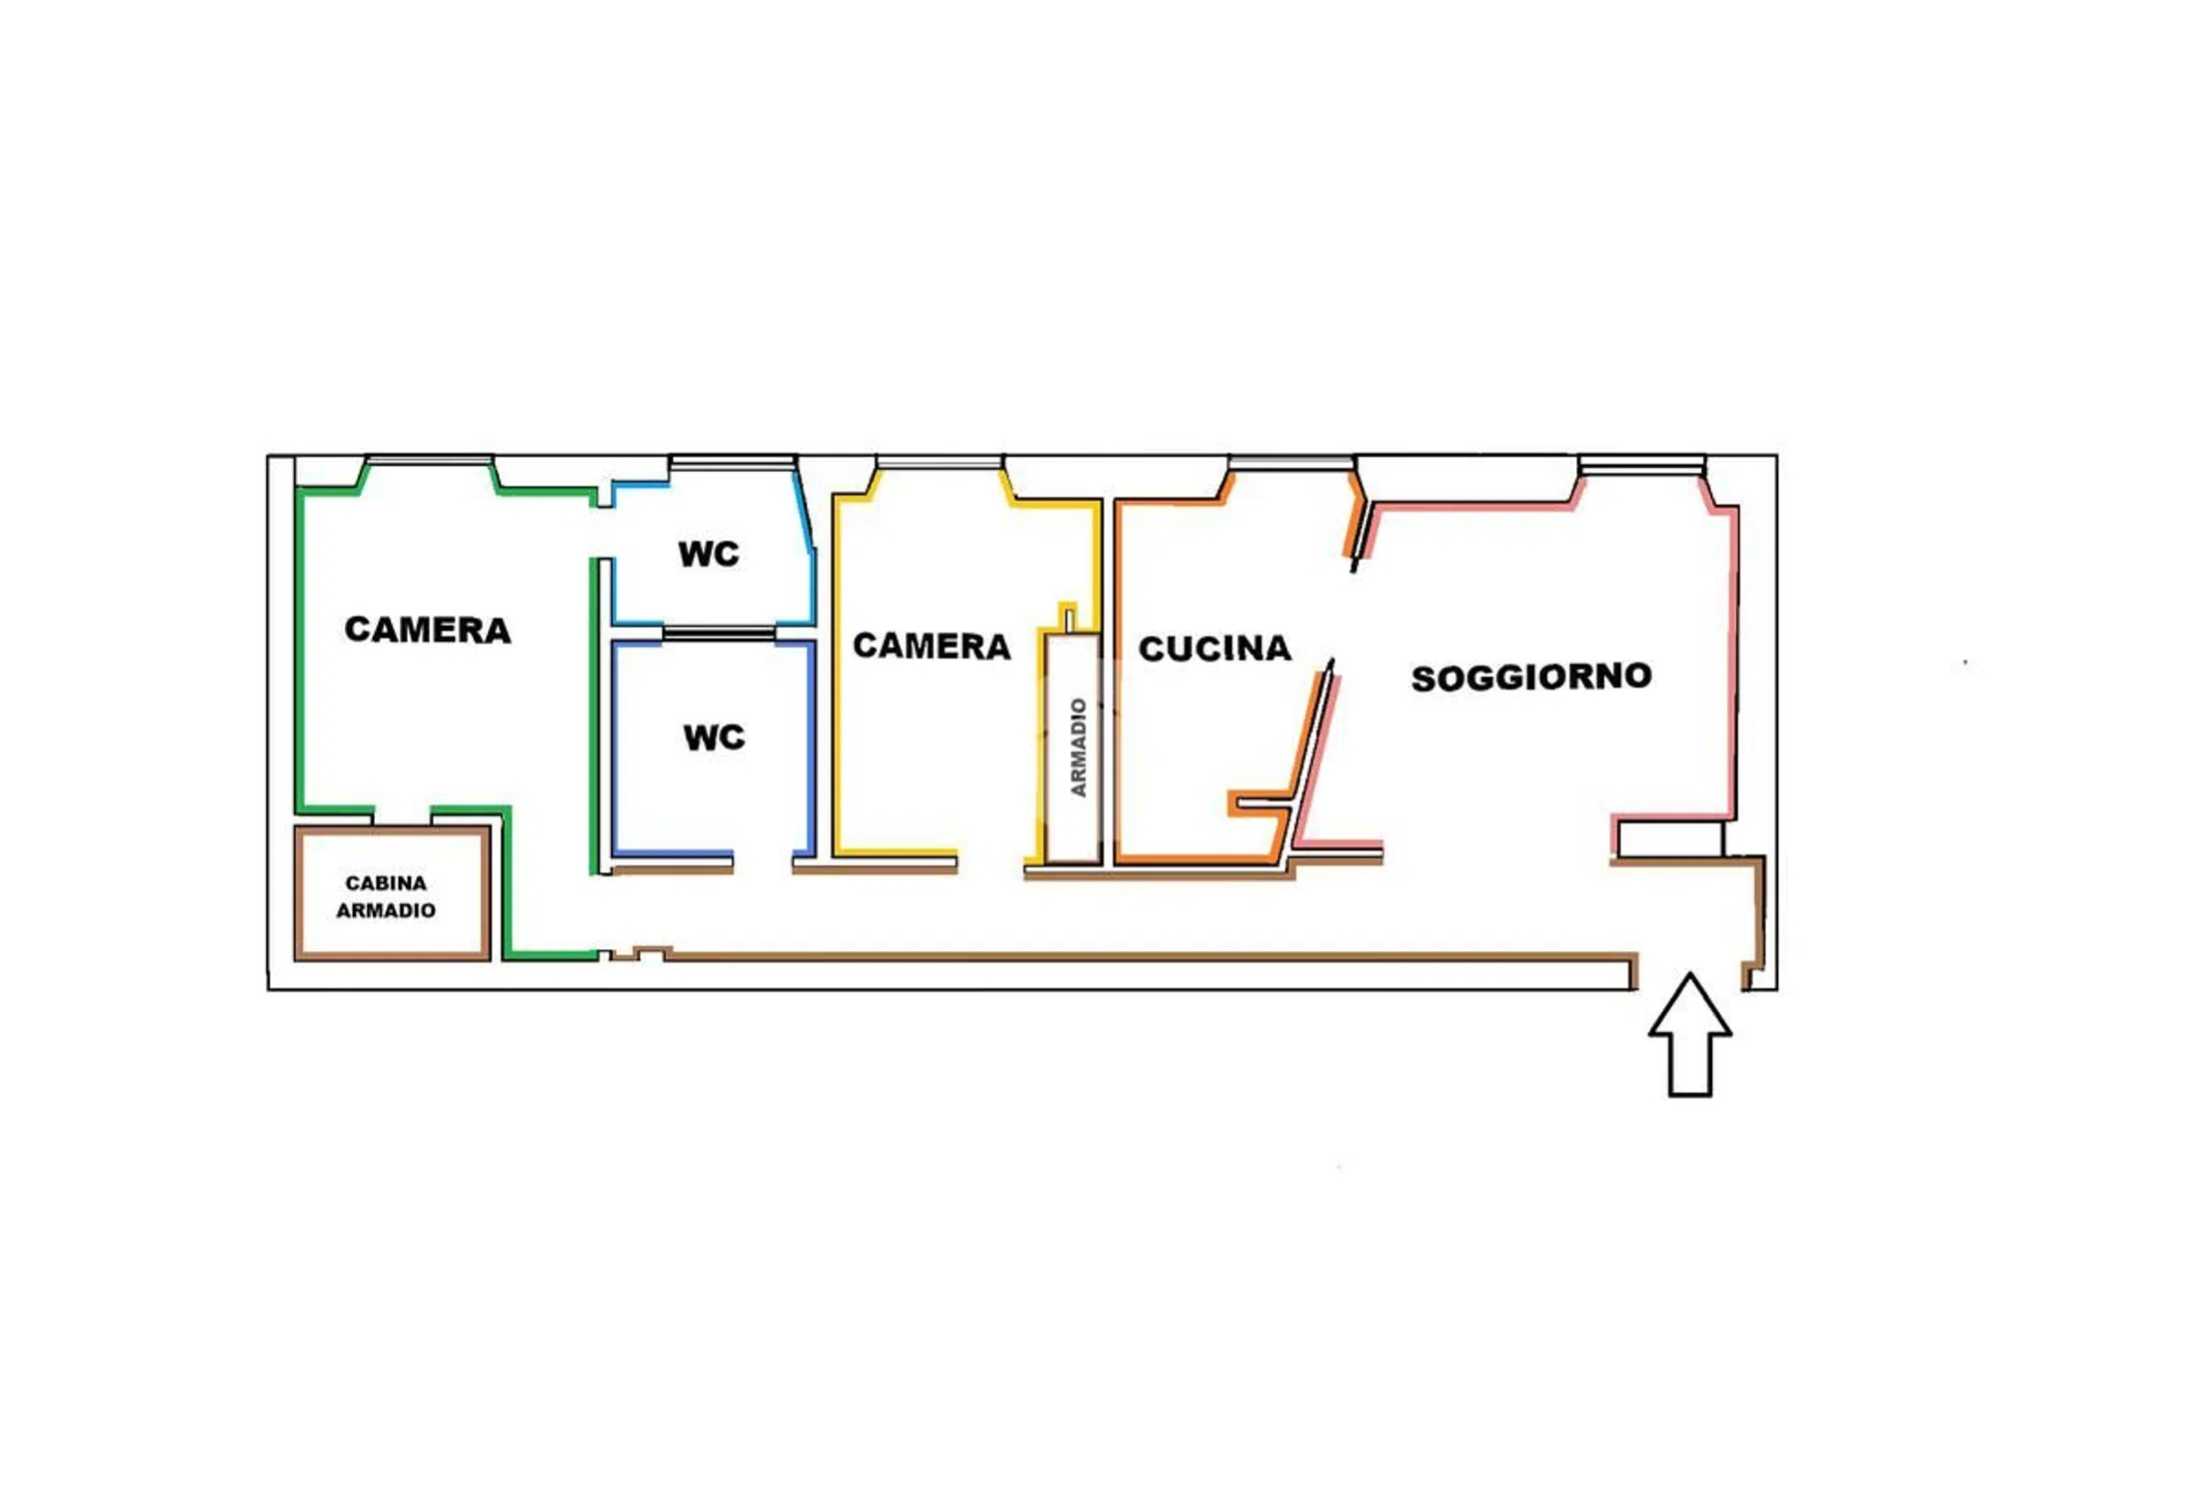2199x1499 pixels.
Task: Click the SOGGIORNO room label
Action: pos(1530,677)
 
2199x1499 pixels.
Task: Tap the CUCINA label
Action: pos(1214,649)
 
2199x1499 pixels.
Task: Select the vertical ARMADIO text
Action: pos(1078,748)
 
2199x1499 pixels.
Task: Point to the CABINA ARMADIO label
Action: pos(386,896)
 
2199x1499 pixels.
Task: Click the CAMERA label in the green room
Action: pos(428,630)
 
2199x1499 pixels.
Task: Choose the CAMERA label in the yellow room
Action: pos(932,647)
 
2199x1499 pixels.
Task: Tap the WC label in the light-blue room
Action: pos(709,554)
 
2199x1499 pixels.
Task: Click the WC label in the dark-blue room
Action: pos(714,738)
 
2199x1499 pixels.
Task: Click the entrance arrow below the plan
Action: pos(1689,1034)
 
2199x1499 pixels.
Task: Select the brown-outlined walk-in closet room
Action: pos(392,893)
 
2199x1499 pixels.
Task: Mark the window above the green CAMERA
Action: pos(430,461)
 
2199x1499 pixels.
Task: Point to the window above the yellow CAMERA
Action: pos(940,462)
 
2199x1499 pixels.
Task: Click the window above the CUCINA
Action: pos(1290,462)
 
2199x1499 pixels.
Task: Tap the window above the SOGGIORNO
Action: pos(1642,465)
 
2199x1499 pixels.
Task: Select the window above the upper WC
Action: pos(733,462)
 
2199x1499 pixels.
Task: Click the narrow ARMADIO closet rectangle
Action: pos(1073,748)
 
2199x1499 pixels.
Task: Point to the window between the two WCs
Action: pos(719,633)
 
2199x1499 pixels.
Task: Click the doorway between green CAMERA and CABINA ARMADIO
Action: pos(402,815)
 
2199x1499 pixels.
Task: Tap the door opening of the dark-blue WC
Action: pos(763,859)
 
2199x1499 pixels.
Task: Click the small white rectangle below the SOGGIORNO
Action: pos(1670,838)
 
